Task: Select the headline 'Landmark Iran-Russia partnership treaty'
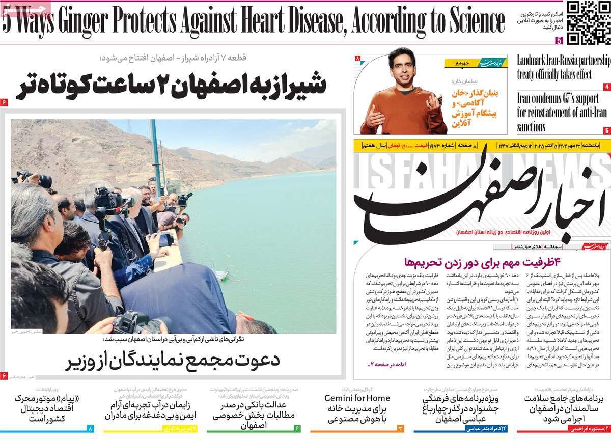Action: click(563, 67)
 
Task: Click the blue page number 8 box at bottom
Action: click(91, 429)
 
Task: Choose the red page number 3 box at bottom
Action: click(400, 429)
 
